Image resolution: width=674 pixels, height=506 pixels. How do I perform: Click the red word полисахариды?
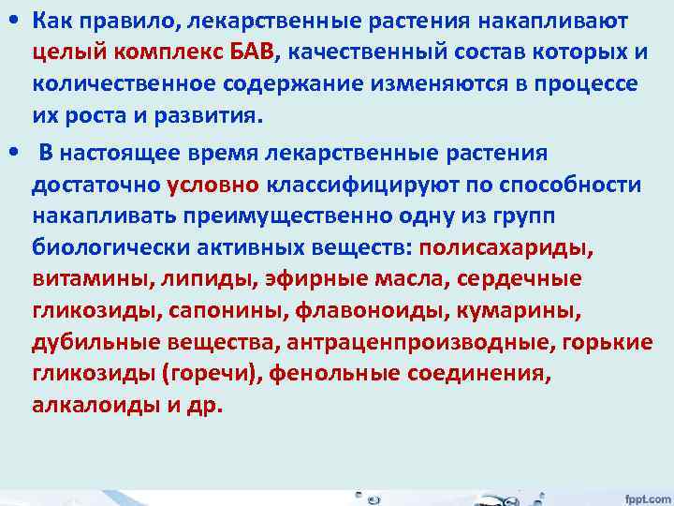(x=506, y=248)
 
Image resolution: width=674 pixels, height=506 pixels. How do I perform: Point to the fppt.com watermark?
(x=644, y=495)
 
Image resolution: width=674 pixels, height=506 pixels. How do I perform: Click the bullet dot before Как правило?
(x=12, y=21)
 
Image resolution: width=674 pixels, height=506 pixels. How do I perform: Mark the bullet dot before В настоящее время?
(x=12, y=153)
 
